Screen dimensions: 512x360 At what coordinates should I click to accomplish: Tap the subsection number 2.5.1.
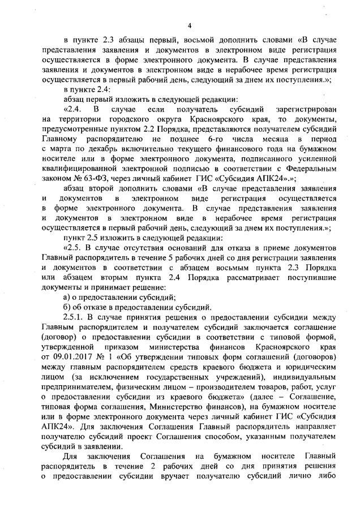click(75, 317)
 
